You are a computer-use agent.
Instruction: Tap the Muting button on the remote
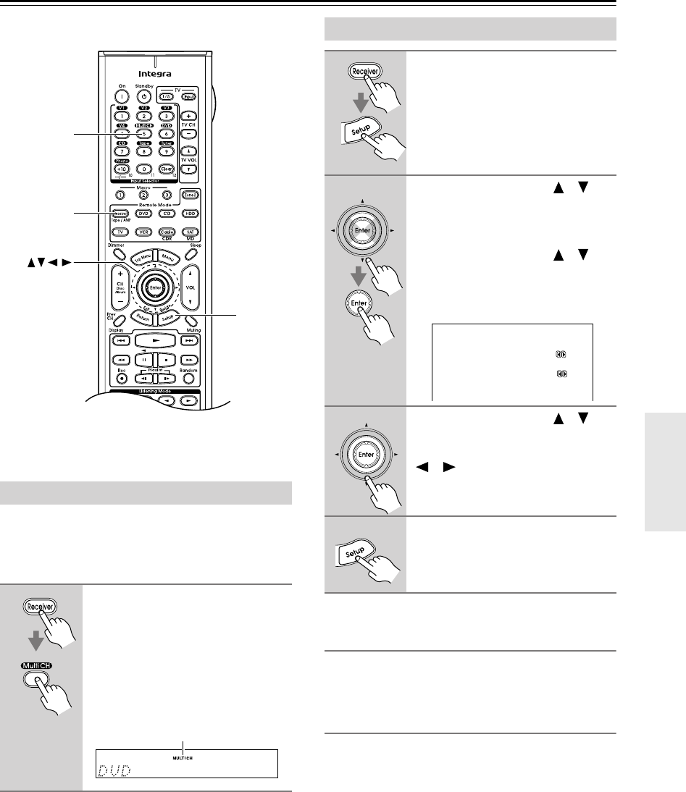coord(191,321)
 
